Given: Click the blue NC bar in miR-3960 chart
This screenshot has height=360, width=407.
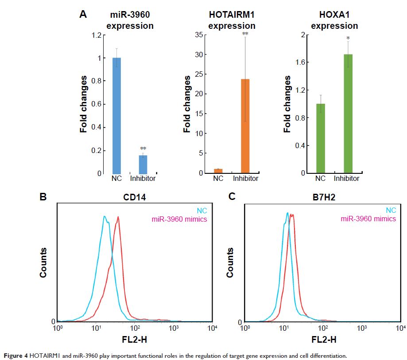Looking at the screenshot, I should (x=116, y=115).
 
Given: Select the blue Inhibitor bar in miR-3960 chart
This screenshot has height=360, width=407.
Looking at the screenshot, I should (x=143, y=164).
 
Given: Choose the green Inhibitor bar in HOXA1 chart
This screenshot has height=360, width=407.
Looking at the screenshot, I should (x=348, y=113).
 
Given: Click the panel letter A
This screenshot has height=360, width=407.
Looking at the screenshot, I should (x=83, y=15).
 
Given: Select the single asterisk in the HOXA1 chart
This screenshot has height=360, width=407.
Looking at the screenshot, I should (x=348, y=38).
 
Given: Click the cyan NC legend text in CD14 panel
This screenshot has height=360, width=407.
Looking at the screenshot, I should (x=202, y=211).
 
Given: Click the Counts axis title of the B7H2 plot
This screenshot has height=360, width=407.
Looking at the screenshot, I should (x=230, y=262).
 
